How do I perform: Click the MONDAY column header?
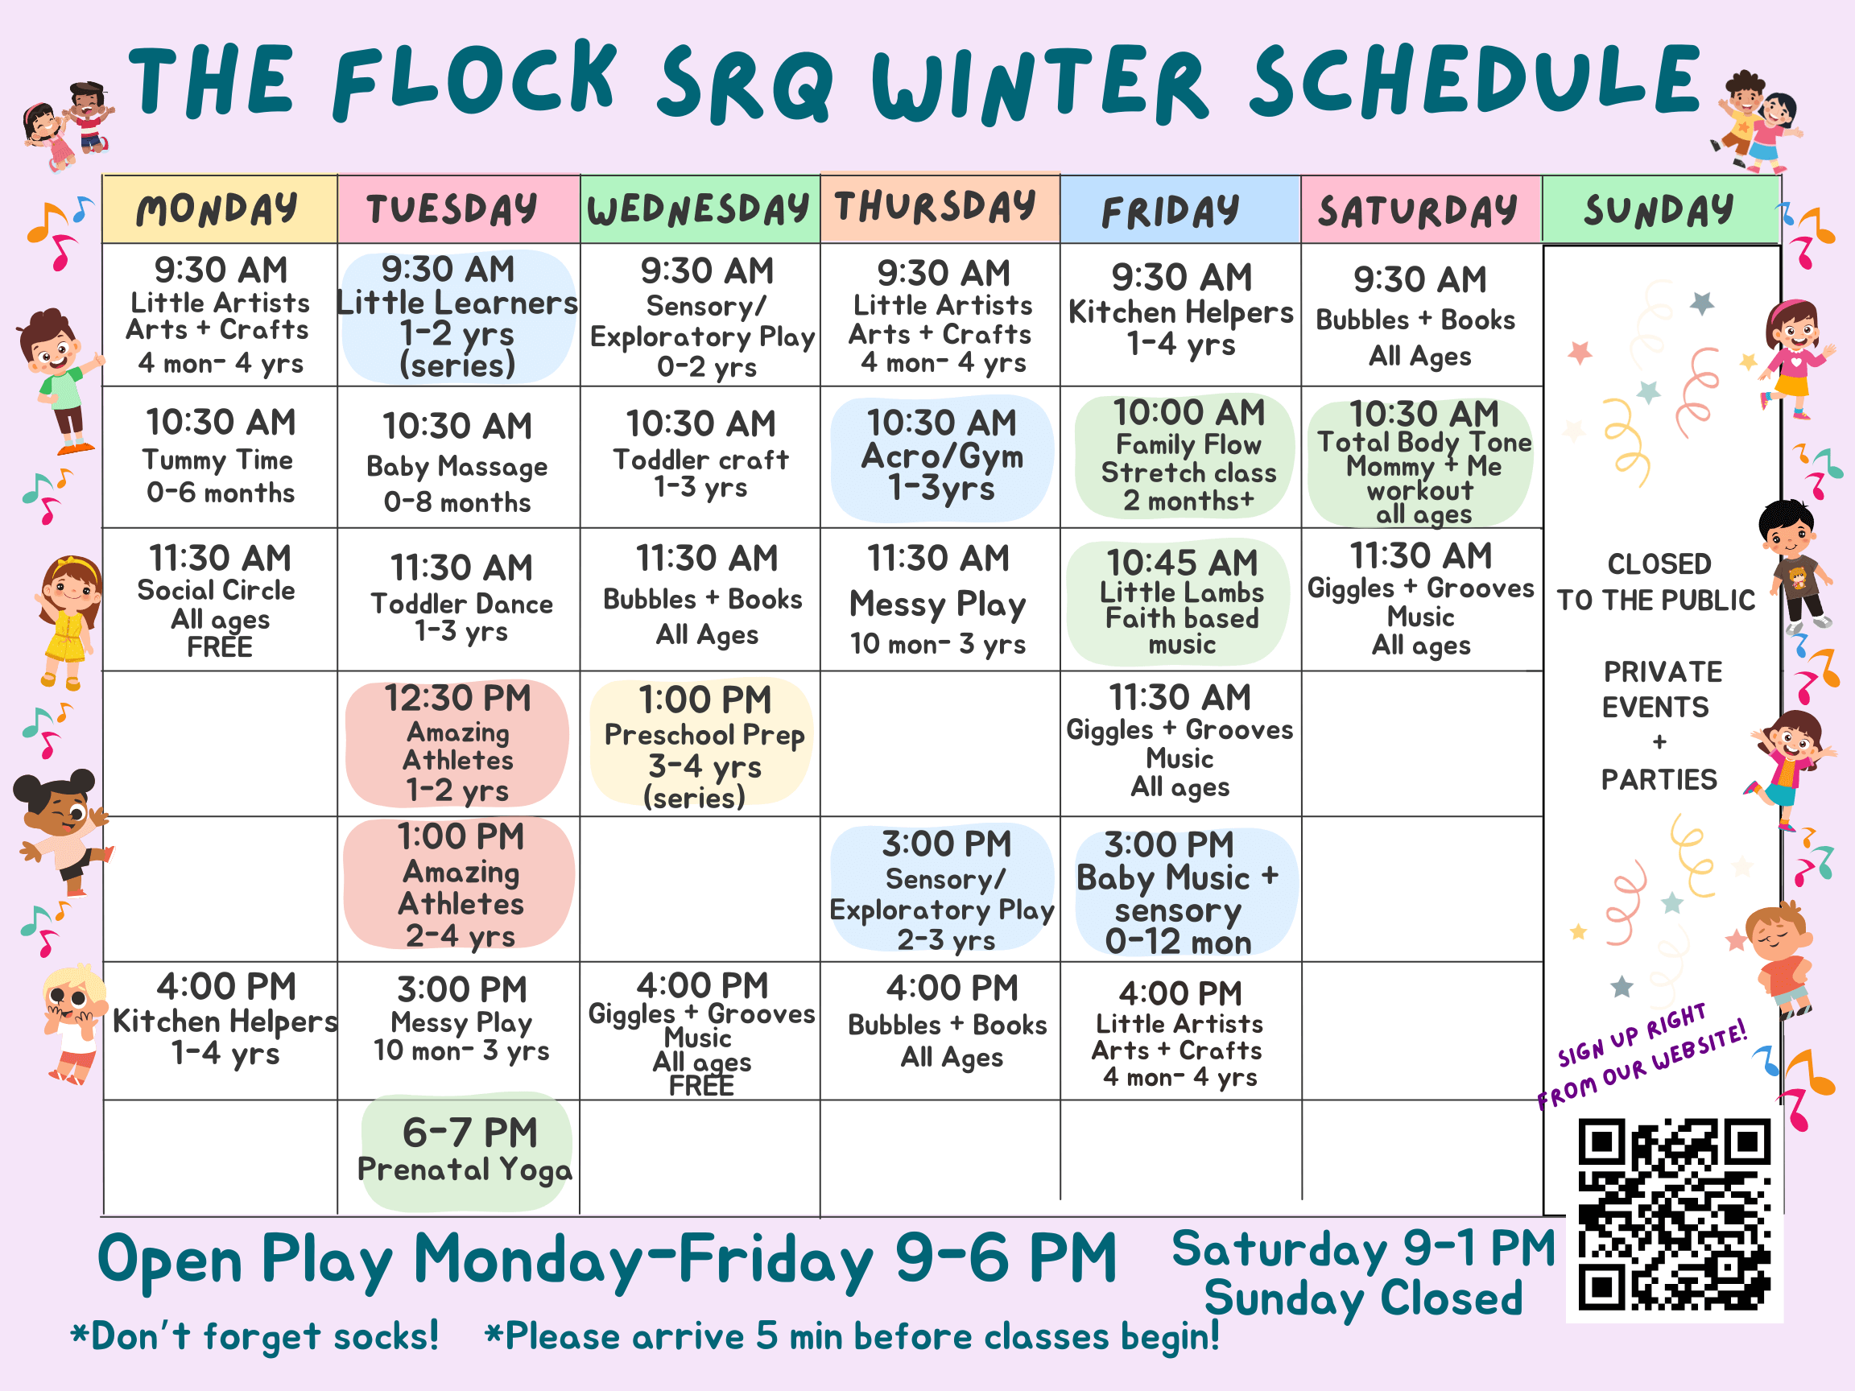click(219, 209)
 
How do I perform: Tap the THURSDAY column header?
click(940, 207)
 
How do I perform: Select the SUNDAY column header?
click(1659, 209)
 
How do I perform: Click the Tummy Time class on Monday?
click(221, 457)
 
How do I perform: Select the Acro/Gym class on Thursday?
click(942, 456)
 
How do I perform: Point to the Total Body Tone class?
click(1423, 462)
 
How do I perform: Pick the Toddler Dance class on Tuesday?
click(461, 599)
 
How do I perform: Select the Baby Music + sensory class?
click(1178, 892)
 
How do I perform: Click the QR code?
click(1674, 1213)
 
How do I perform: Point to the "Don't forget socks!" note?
click(255, 1335)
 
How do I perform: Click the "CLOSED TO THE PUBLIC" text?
click(1657, 582)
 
